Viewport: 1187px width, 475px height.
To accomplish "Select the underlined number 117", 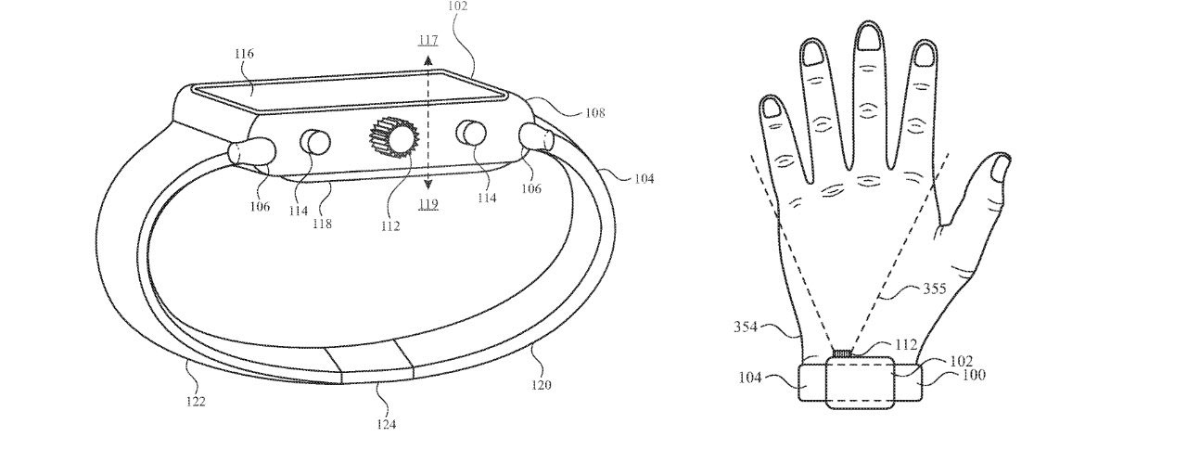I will tap(428, 41).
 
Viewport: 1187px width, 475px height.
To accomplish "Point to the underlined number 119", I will tap(428, 204).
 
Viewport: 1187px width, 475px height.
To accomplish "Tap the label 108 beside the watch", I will tap(594, 113).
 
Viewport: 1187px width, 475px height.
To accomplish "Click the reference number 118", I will tap(323, 224).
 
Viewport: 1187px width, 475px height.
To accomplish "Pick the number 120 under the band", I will tap(542, 384).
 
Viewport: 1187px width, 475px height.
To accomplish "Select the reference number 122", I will tap(195, 402).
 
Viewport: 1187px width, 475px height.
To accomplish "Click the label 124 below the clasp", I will tap(387, 424).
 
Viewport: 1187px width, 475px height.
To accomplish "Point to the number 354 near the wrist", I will tap(745, 327).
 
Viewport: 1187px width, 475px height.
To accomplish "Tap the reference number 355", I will tap(935, 289).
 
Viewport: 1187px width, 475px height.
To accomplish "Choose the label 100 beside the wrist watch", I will tap(974, 375).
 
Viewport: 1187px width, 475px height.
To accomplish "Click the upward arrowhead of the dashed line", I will tap(428, 59).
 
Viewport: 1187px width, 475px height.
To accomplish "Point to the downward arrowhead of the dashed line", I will tap(428, 184).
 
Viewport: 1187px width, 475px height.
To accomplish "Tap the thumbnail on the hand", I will tap(999, 169).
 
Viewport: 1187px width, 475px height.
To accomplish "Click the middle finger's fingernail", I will tap(869, 37).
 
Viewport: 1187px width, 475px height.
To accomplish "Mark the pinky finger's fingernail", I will tap(770, 108).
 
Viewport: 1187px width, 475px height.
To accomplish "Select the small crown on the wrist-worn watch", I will tap(843, 353).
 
